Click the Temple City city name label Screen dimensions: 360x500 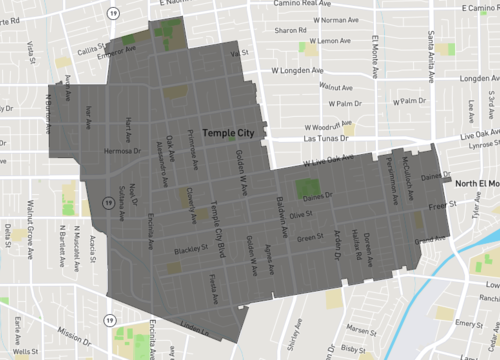[x=230, y=132]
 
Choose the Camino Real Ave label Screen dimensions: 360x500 [x=297, y=4]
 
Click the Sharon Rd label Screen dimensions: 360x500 [x=291, y=31]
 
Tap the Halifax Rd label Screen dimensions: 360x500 [x=358, y=245]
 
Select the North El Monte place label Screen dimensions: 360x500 [x=476, y=184]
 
